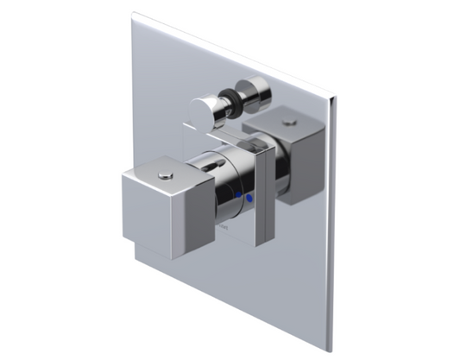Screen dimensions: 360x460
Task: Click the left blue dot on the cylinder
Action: coord(237,197)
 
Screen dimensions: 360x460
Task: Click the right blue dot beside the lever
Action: coord(251,200)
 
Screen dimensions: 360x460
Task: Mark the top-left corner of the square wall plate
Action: coord(133,13)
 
